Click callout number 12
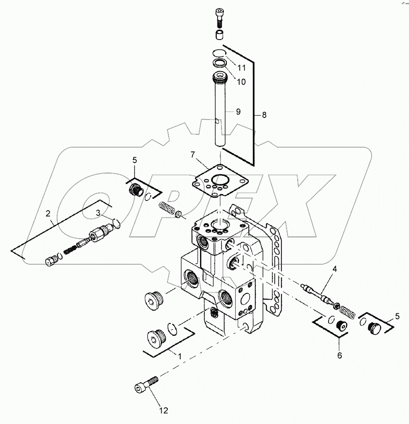164,410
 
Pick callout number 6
339,355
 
